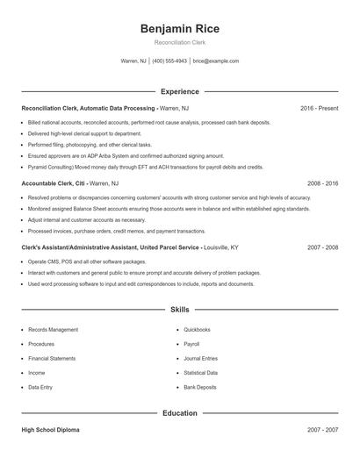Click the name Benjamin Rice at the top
(x=179, y=29)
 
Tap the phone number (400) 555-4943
(x=169, y=61)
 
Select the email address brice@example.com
(x=215, y=61)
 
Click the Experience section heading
(x=179, y=91)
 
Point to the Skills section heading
(x=179, y=310)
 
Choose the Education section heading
(x=179, y=412)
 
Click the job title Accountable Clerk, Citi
(x=53, y=184)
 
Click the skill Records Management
(x=53, y=330)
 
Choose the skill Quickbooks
(x=197, y=330)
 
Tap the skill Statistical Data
(x=200, y=373)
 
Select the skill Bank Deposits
(x=199, y=387)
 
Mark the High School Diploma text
(x=52, y=431)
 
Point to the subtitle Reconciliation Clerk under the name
(x=179, y=43)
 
